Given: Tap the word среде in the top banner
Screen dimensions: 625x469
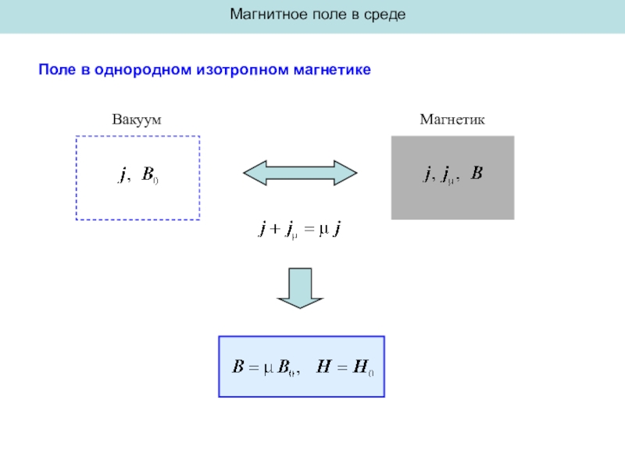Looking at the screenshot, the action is tap(384, 15).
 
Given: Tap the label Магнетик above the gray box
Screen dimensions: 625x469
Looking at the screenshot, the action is tap(452, 120).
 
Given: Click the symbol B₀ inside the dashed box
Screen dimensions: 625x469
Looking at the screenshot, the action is tap(149, 177).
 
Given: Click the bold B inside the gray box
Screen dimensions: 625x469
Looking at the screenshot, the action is tap(476, 174).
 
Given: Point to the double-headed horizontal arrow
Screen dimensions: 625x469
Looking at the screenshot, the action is tap(300, 173).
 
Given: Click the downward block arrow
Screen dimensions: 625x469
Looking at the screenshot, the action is tap(300, 288).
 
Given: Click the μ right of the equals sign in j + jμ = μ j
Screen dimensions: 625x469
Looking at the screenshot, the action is tap(323, 230).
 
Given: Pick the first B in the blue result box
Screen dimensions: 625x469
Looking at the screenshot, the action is tap(240, 367).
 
